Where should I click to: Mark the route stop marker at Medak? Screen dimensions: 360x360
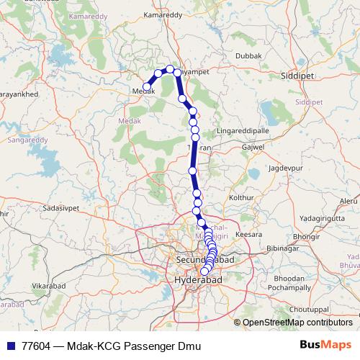[148, 87]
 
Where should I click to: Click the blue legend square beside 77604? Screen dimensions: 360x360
[11, 346]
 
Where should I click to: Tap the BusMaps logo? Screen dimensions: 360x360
[326, 345]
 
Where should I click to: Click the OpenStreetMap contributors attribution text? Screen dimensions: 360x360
[297, 323]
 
